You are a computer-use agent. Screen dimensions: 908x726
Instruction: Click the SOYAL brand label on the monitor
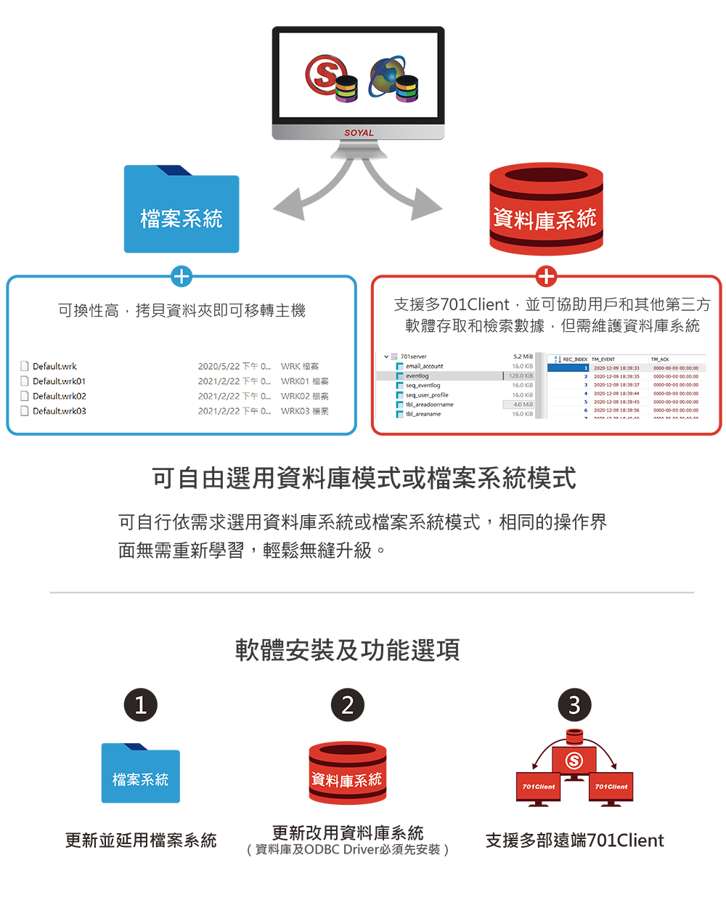coord(359,133)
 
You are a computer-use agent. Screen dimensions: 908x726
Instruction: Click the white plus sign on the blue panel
coord(181,276)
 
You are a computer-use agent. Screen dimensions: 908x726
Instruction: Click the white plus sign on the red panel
coord(546,276)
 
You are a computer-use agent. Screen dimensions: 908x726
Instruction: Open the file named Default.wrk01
coord(59,381)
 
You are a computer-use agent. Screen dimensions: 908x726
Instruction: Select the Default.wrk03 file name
coord(59,411)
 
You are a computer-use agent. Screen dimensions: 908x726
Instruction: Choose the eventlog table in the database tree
coord(417,376)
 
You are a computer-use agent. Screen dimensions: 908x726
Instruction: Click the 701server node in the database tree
coord(413,357)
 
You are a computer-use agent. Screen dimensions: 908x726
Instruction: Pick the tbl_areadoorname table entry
coord(429,405)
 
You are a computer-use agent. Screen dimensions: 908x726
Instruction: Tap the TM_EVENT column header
coord(603,360)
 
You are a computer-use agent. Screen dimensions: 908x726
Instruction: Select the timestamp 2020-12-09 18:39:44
coord(616,394)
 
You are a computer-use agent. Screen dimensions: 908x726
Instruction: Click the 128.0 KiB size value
coord(521,376)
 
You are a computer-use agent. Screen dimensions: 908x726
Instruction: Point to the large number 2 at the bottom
coord(348,705)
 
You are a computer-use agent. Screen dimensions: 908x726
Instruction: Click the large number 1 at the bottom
coord(141,705)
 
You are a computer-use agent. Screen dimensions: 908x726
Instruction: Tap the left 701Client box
coord(539,787)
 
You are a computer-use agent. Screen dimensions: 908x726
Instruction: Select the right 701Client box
coord(611,787)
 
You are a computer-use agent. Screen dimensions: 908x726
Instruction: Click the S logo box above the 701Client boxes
coord(574,761)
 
